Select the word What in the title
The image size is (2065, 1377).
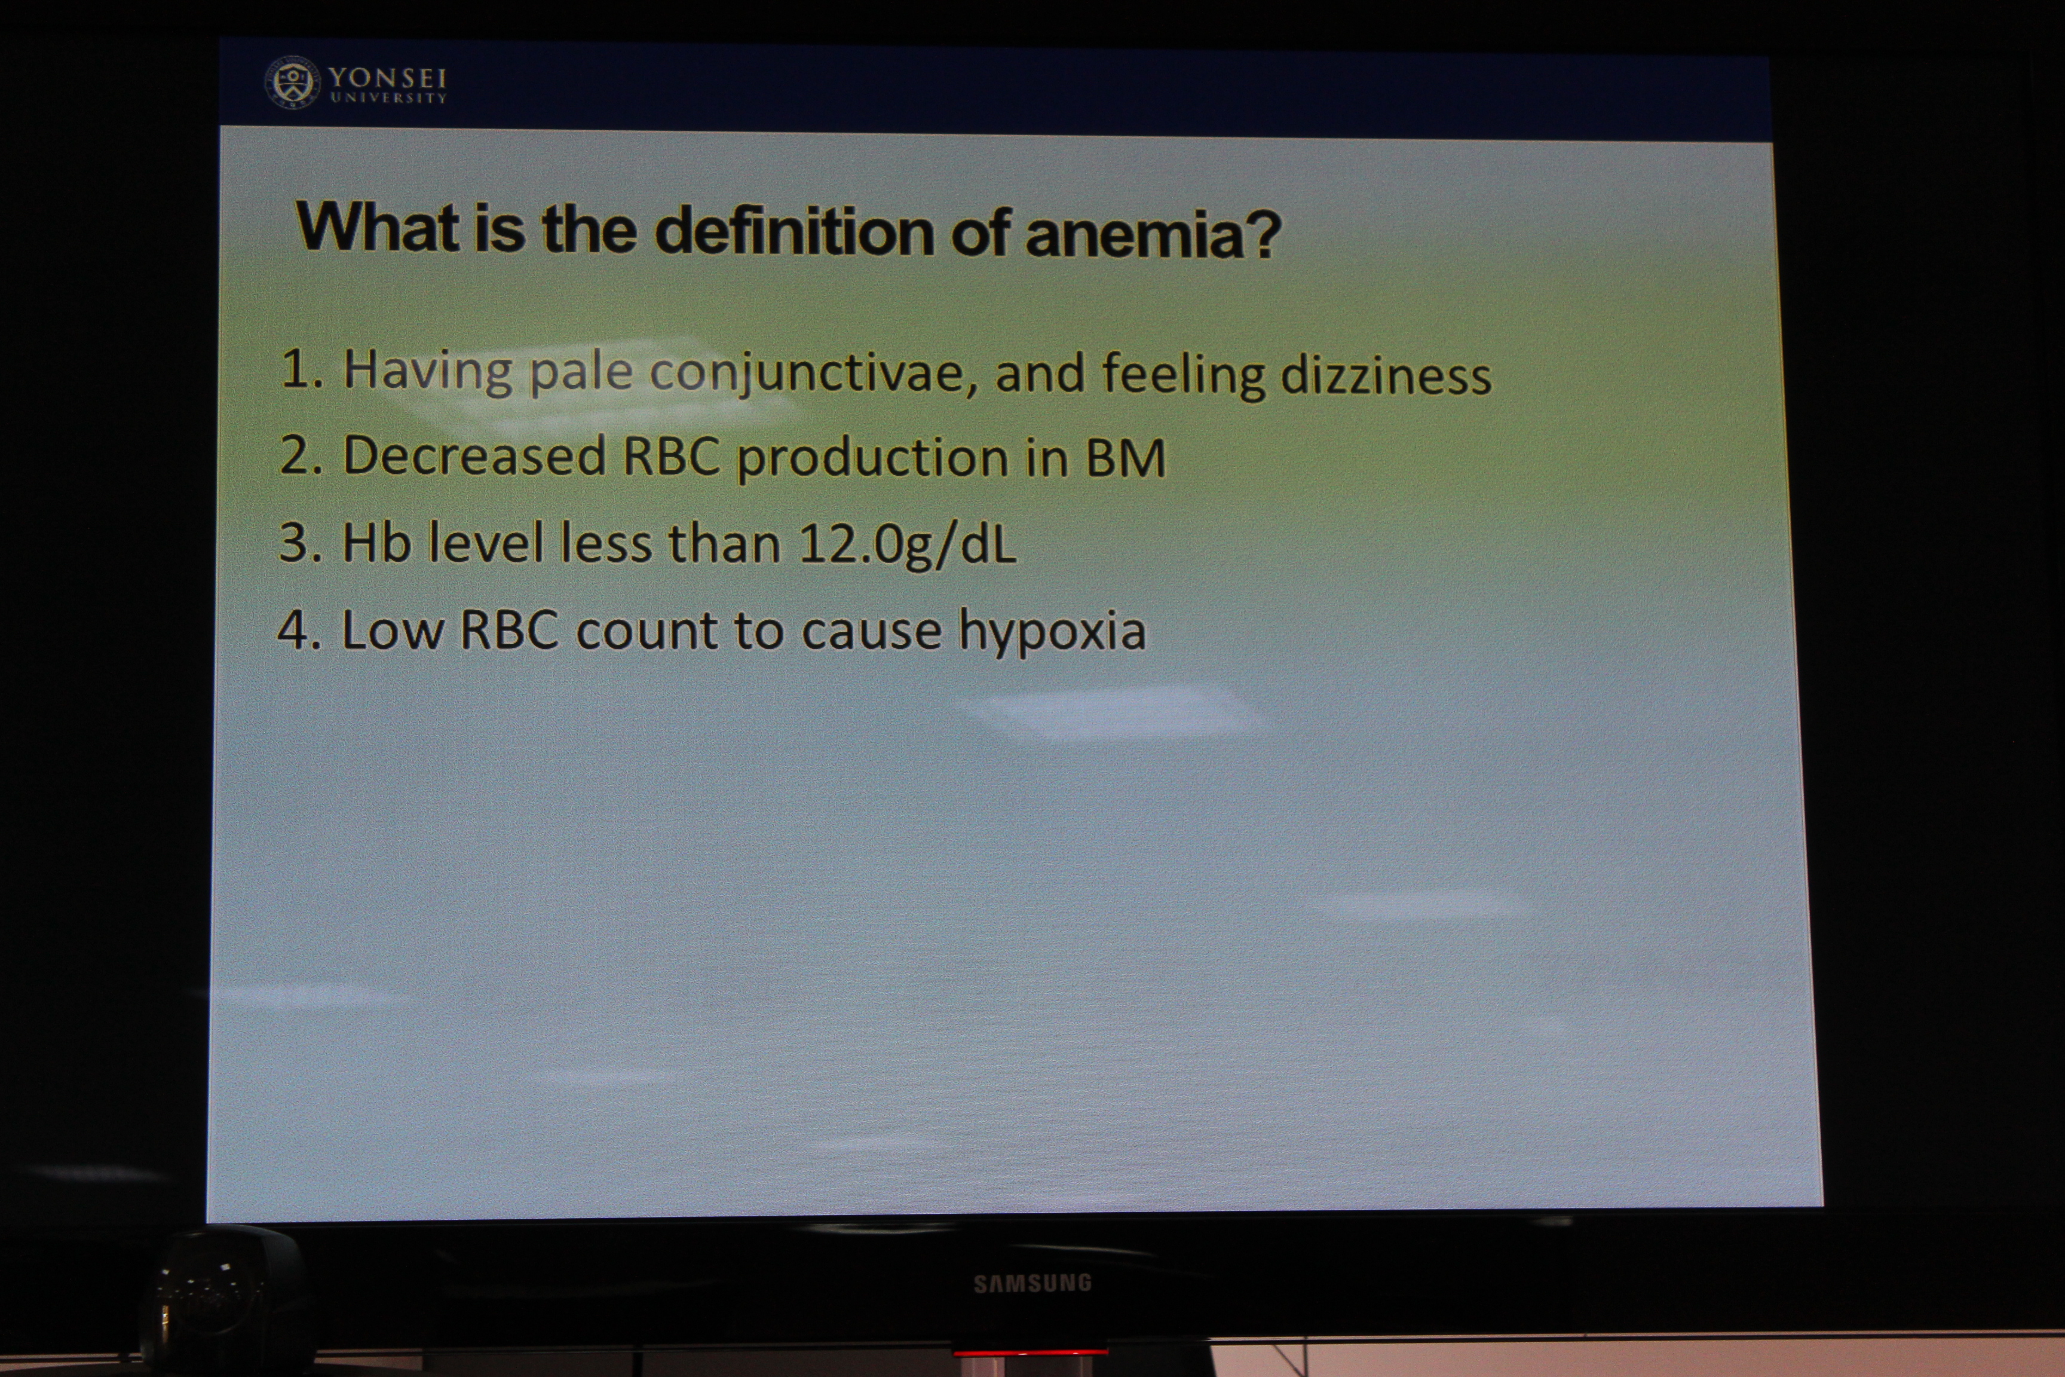click(x=378, y=227)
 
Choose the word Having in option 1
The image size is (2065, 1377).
click(x=428, y=370)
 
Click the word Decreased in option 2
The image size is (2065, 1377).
click(x=474, y=456)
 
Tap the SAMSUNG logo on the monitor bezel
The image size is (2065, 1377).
click(x=1032, y=1283)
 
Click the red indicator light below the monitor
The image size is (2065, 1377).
click(x=1030, y=1352)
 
